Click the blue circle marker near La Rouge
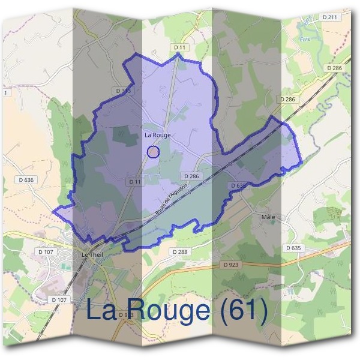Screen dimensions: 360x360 click(153, 151)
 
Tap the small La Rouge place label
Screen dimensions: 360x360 click(157, 135)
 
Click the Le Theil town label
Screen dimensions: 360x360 click(92, 254)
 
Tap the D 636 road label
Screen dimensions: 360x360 click(26, 179)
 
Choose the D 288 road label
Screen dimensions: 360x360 click(179, 251)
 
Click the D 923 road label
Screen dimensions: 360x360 click(232, 264)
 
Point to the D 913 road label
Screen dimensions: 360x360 click(125, 314)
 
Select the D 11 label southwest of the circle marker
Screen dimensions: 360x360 click(134, 181)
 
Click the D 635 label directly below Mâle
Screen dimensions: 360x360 click(293, 247)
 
